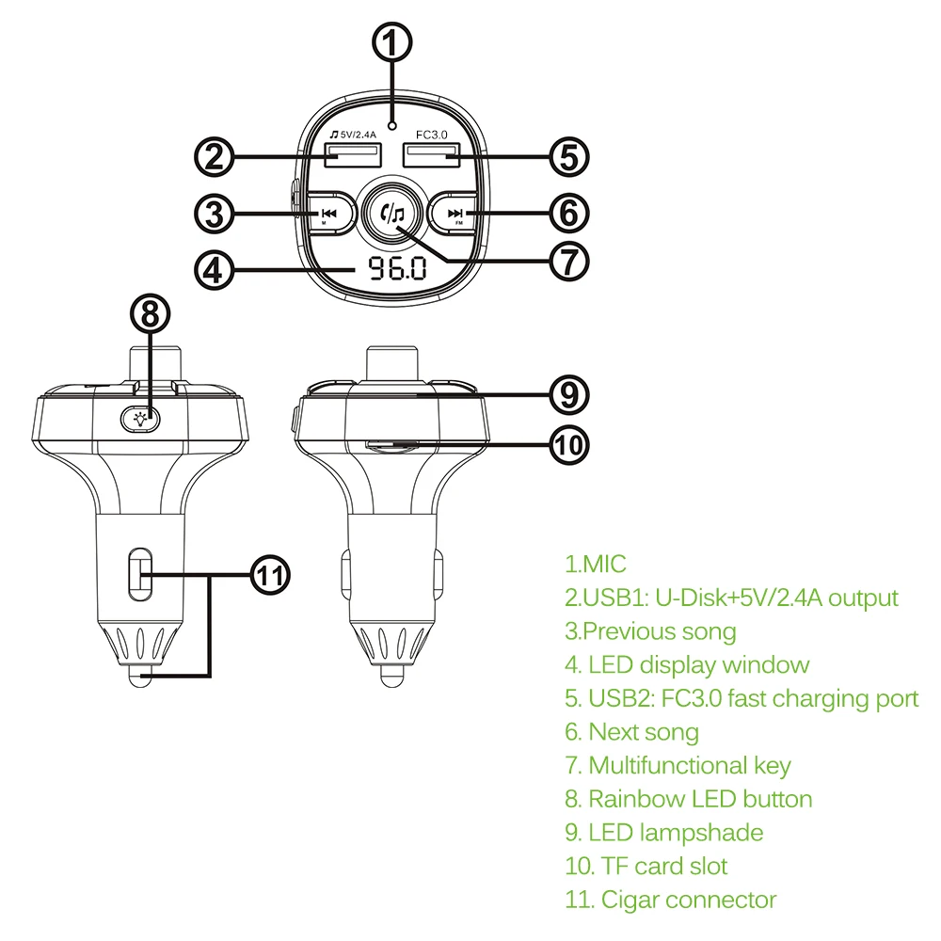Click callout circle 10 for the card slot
pyautogui.click(x=568, y=443)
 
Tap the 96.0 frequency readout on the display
pyautogui.click(x=396, y=271)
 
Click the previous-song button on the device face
pyautogui.click(x=329, y=214)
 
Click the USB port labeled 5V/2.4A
pyautogui.click(x=347, y=156)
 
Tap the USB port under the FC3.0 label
pyautogui.click(x=433, y=156)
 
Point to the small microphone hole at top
pyautogui.click(x=396, y=124)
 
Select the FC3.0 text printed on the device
pyautogui.click(x=432, y=136)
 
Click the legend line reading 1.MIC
pyautogui.click(x=595, y=565)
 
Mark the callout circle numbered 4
pyautogui.click(x=217, y=271)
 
